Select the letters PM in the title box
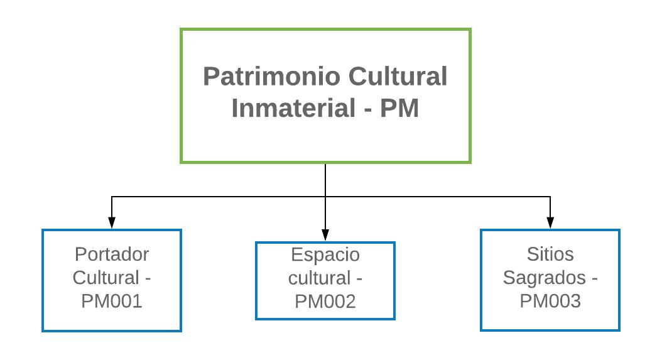pyautogui.click(x=400, y=109)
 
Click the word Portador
pyautogui.click(x=112, y=254)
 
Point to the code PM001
pyautogui.click(x=112, y=301)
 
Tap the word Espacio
pyautogui.click(x=325, y=255)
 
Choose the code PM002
pyautogui.click(x=325, y=302)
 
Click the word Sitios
pyautogui.click(x=550, y=254)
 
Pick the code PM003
pyautogui.click(x=550, y=301)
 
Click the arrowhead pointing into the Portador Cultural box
pyautogui.click(x=112, y=223)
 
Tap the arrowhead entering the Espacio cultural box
pyautogui.click(x=325, y=236)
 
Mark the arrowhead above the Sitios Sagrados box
pyautogui.click(x=550, y=223)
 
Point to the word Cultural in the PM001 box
pyautogui.click(x=104, y=278)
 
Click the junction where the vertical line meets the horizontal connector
pyautogui.click(x=325, y=197)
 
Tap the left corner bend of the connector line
pyautogui.click(x=112, y=197)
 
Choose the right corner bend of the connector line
pyautogui.click(x=550, y=197)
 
